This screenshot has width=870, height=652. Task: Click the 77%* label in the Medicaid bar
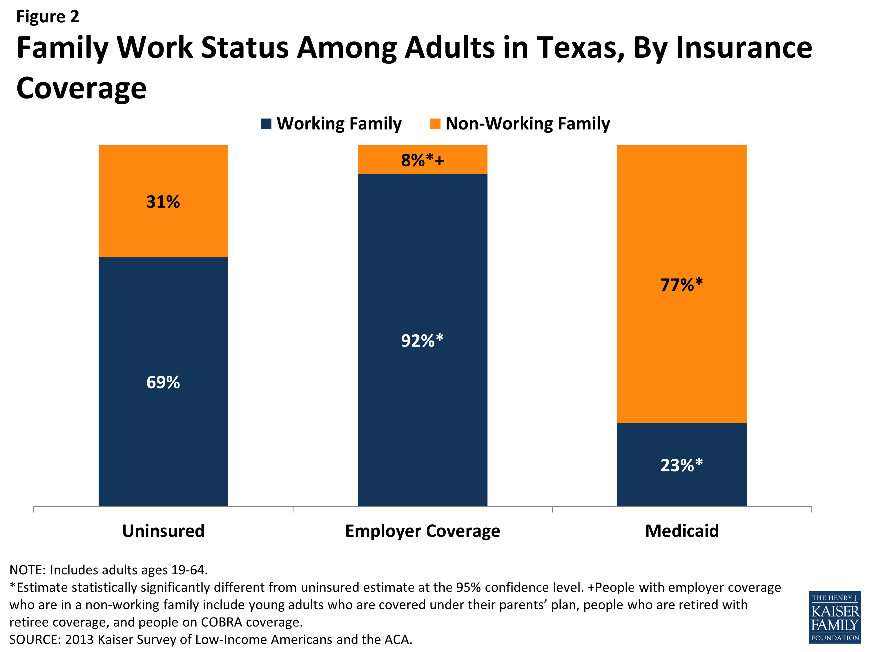pos(681,285)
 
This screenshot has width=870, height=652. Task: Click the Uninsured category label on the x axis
pos(163,531)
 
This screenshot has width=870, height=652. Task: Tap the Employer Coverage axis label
pos(423,531)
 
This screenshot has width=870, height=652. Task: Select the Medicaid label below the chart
pos(681,531)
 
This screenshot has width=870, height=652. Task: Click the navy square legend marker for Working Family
pos(266,124)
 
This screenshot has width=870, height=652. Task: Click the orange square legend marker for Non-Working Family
pos(435,124)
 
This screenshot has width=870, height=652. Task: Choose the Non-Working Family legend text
pos(528,123)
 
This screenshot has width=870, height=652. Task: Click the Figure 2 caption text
pos(48,17)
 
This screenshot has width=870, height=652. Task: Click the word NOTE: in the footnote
pos(28,570)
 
